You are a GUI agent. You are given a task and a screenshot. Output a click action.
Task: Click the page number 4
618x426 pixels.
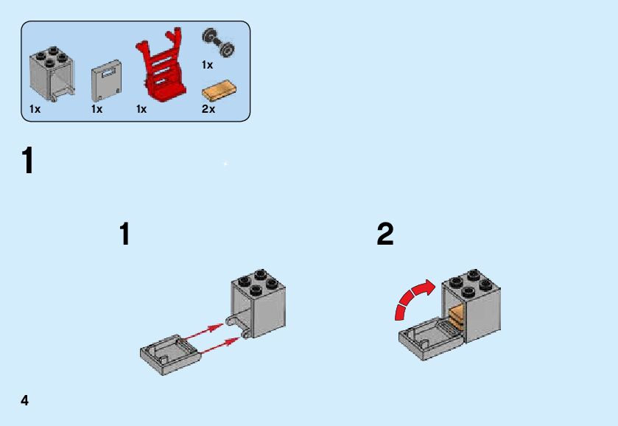tap(25, 400)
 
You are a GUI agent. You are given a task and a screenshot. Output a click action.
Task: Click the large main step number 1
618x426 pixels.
tap(28, 161)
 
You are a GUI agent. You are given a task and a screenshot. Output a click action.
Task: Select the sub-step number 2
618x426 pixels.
tap(385, 234)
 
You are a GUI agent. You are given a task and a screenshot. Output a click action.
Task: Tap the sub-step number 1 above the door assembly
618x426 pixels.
tap(124, 234)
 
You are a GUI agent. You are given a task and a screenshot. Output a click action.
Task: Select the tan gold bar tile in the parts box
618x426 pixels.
tap(220, 92)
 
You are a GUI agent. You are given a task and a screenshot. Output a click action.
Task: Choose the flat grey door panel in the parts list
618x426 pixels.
tap(106, 83)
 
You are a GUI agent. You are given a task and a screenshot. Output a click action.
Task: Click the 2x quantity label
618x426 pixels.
tap(208, 109)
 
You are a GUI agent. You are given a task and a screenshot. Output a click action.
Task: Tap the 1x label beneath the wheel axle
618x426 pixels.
tap(207, 65)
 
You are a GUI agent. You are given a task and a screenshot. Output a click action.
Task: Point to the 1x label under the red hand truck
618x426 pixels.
tap(141, 109)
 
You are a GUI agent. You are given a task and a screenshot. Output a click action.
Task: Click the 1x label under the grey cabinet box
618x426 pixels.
tap(35, 109)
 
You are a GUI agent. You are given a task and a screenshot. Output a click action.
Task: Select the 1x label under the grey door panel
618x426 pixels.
tap(96, 109)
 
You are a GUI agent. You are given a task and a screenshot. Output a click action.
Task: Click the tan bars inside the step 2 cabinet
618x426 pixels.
tap(456, 315)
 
